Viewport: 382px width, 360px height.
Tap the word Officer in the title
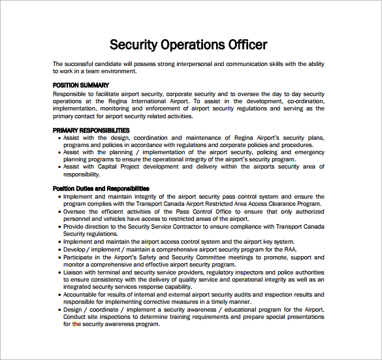click(245, 45)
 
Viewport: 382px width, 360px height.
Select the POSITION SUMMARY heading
click(81, 86)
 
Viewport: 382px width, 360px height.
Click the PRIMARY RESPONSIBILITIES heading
click(91, 131)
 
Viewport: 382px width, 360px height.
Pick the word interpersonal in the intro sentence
click(198, 64)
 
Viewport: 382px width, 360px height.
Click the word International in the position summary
click(142, 101)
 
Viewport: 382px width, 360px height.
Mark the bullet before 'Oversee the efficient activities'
click(59, 211)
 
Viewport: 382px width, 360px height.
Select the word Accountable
click(83, 295)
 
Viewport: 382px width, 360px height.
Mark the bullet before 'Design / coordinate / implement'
click(59, 310)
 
